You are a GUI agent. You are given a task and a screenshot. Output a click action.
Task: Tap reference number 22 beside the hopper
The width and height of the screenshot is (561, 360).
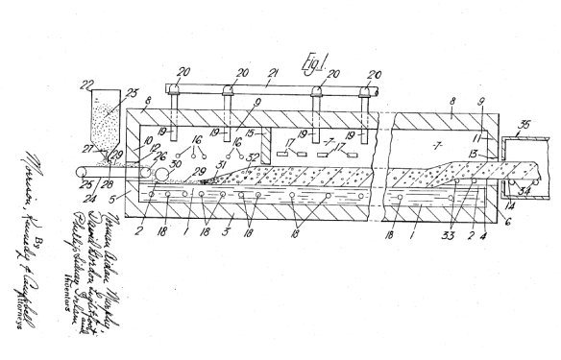tap(87, 84)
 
